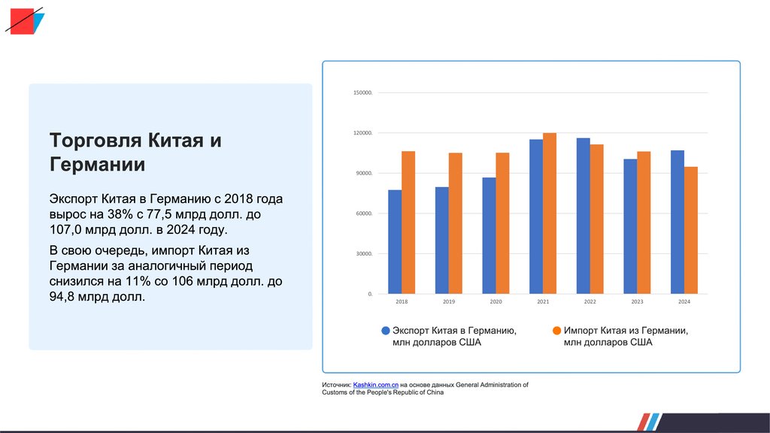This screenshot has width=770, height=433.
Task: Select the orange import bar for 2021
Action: pyautogui.click(x=550, y=213)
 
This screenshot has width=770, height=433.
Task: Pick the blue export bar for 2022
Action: pyautogui.click(x=583, y=216)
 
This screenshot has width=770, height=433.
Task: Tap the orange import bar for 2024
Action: pyautogui.click(x=691, y=230)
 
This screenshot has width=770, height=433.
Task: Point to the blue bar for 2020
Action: pyautogui.click(x=489, y=235)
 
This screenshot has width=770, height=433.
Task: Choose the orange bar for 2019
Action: pyautogui.click(x=456, y=223)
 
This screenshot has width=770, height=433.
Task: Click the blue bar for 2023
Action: pyautogui.click(x=630, y=226)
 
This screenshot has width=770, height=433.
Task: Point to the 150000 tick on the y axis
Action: pyautogui.click(x=363, y=93)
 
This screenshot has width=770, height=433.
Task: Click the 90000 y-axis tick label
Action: pyautogui.click(x=364, y=174)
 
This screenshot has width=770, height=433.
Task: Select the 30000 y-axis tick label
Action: pyautogui.click(x=364, y=254)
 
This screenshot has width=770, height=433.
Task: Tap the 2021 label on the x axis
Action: pyautogui.click(x=543, y=301)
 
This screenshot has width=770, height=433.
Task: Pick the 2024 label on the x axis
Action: pyautogui.click(x=684, y=301)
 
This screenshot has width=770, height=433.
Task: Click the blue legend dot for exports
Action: pyautogui.click(x=386, y=331)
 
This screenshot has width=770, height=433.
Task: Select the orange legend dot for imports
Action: pyautogui.click(x=556, y=331)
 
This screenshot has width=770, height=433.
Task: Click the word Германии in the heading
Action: pyautogui.click(x=97, y=165)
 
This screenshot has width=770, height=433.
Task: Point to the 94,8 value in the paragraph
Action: pyautogui.click(x=61, y=297)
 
